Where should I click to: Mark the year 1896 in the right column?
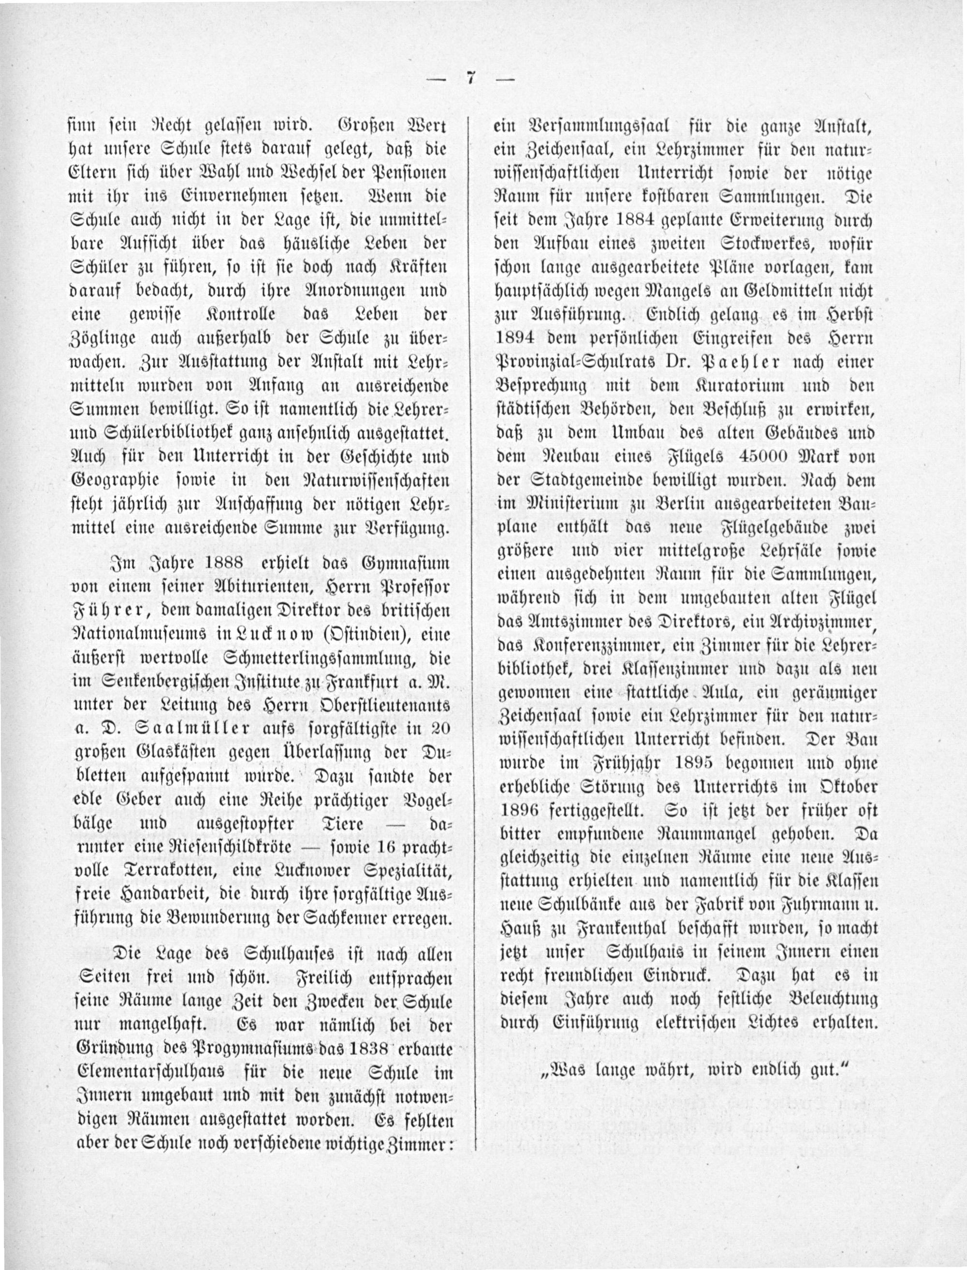(520, 810)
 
